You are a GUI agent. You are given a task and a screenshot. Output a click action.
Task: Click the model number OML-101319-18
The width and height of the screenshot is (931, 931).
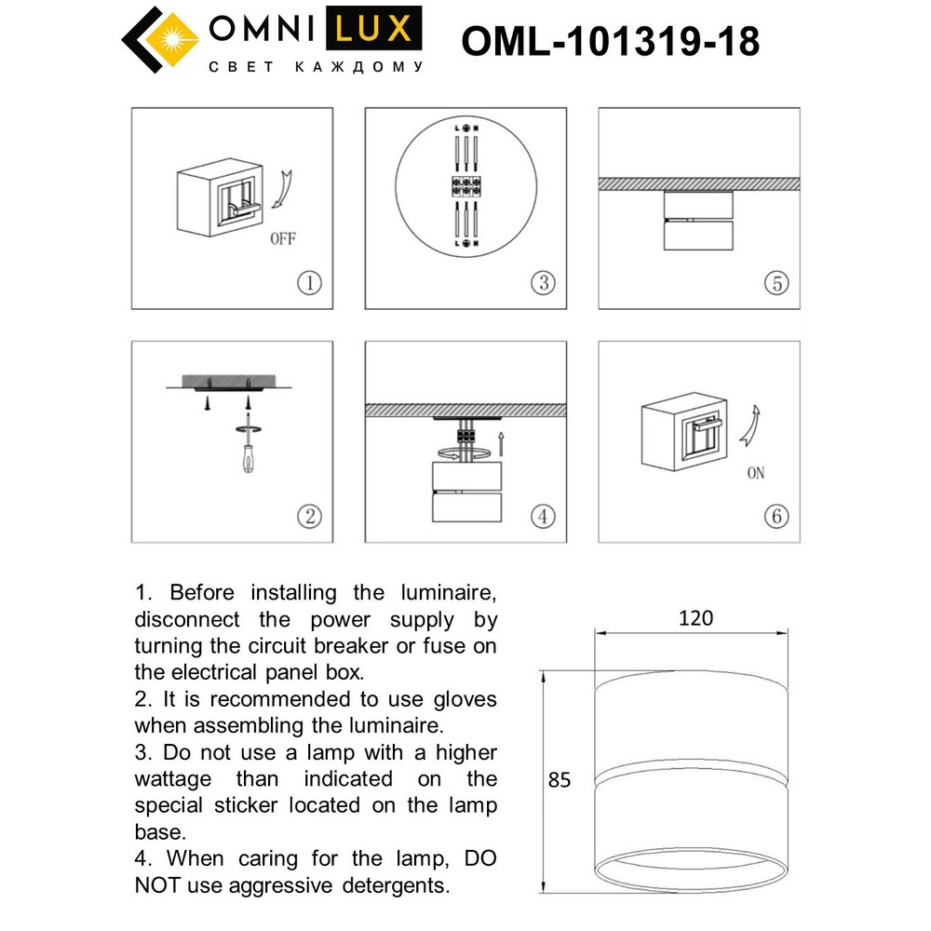pyautogui.click(x=611, y=42)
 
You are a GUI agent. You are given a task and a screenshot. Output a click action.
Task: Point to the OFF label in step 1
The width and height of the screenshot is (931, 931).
pyautogui.click(x=282, y=239)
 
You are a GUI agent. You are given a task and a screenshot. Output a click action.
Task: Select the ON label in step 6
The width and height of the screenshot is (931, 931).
pyautogui.click(x=755, y=474)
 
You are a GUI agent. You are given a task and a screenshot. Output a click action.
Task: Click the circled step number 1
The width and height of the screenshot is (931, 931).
pyautogui.click(x=310, y=283)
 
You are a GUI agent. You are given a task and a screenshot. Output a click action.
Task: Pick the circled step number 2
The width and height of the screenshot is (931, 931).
pyautogui.click(x=309, y=516)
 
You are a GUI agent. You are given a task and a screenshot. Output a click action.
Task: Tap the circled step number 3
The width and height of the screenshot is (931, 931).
pyautogui.click(x=543, y=283)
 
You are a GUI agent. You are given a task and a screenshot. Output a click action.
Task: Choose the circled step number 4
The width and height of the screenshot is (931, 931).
pyautogui.click(x=543, y=515)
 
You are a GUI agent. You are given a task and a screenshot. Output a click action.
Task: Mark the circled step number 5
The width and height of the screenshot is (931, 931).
pyautogui.click(x=776, y=283)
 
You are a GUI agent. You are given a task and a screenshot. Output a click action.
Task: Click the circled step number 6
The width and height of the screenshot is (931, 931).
pyautogui.click(x=776, y=515)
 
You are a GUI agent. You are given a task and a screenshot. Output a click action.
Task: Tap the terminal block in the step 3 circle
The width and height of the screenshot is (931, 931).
pyautogui.click(x=465, y=184)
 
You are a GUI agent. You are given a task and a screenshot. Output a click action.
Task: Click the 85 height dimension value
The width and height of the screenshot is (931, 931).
pyautogui.click(x=559, y=780)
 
